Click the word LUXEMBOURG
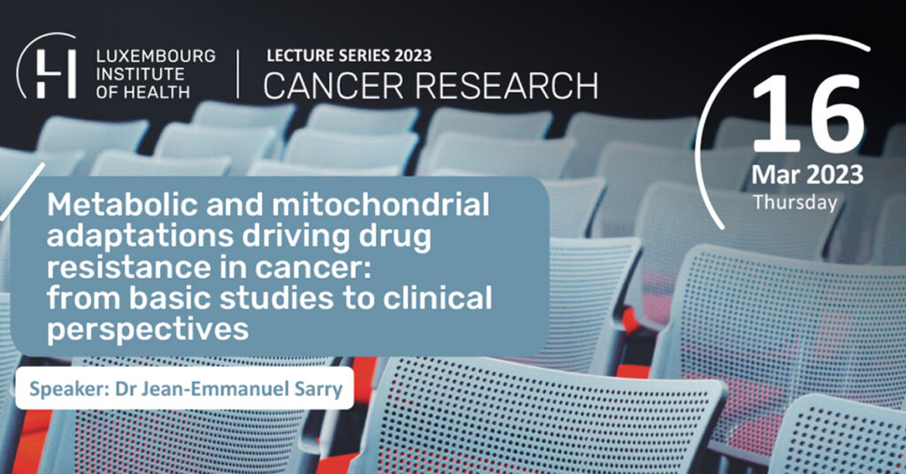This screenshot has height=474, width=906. tap(156, 56)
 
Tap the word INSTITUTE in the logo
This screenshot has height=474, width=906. tap(141, 74)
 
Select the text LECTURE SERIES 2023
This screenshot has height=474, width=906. tap(349, 56)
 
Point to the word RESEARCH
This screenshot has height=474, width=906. tap(506, 86)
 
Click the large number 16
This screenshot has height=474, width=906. tap(807, 115)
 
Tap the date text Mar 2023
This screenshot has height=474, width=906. tap(807, 175)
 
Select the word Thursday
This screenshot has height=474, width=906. tap(795, 203)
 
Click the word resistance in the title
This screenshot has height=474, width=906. tap(115, 268)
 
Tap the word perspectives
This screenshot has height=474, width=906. tap(148, 330)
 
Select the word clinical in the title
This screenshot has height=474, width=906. tap(438, 299)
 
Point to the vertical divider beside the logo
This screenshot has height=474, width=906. tap(237, 73)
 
